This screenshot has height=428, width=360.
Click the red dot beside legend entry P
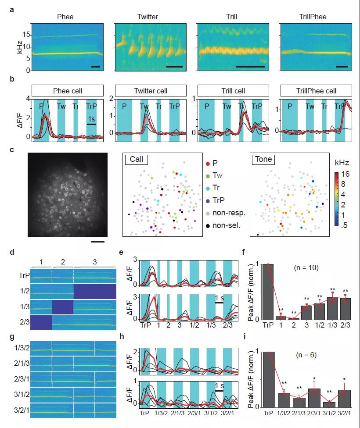(x=208, y=163)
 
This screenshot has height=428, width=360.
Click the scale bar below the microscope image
(x=98, y=241)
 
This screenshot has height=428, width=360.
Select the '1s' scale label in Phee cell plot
(x=91, y=119)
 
